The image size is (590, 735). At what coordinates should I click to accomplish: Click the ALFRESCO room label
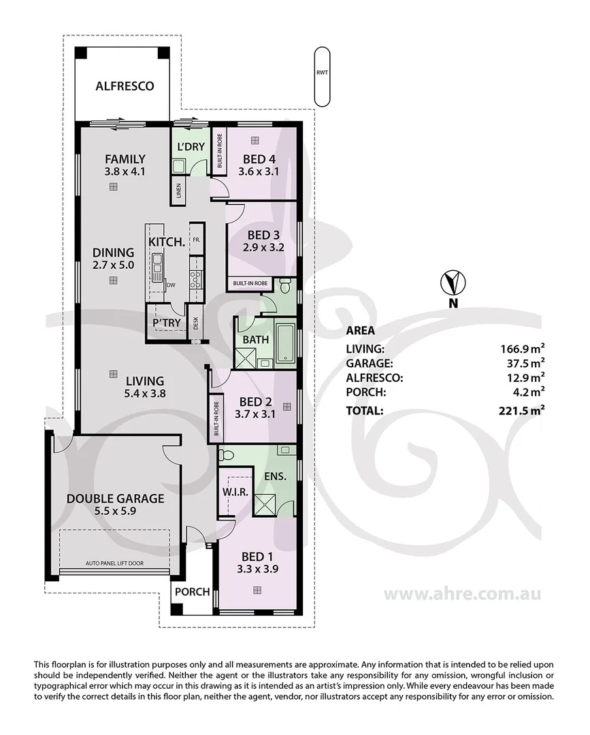(x=124, y=86)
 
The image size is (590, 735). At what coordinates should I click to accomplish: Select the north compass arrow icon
(x=452, y=280)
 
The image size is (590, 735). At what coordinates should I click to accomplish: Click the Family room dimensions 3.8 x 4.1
(x=125, y=171)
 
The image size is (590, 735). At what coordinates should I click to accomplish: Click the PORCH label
(x=192, y=591)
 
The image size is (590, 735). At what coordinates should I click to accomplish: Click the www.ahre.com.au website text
(x=462, y=593)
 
